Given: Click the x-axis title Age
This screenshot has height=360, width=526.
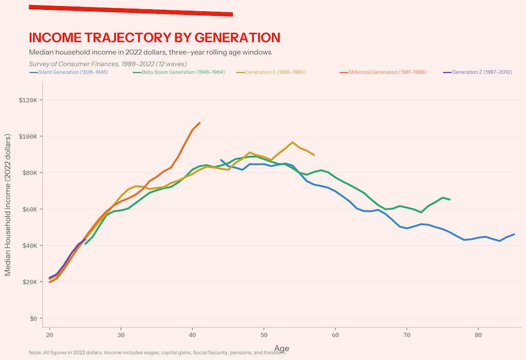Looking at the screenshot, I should click(x=281, y=348).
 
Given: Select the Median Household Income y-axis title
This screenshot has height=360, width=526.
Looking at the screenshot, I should click(x=8, y=205).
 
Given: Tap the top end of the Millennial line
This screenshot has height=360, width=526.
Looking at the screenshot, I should click(x=199, y=123).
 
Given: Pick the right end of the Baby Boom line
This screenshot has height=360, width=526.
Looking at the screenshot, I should click(x=450, y=199).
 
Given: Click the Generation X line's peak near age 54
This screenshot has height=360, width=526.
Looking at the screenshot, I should click(x=292, y=142).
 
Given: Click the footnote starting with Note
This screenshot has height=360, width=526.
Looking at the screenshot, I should click(x=157, y=352).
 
